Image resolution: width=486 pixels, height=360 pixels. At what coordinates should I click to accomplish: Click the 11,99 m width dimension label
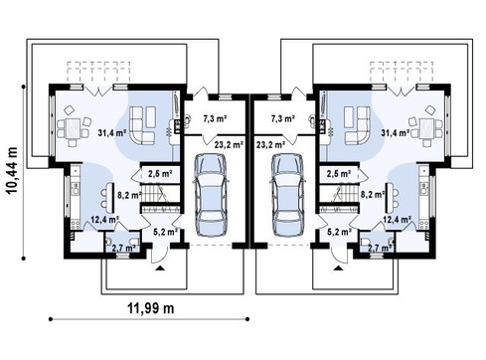(x=151, y=308)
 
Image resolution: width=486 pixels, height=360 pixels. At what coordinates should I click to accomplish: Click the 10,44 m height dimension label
(x=13, y=171)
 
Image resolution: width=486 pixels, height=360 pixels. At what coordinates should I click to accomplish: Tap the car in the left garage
(x=211, y=195)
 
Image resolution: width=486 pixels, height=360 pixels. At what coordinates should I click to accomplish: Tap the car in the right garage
(x=288, y=195)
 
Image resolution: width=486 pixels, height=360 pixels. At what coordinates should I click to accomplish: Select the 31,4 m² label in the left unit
(x=112, y=133)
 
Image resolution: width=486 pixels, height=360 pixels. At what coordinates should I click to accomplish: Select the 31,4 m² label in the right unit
(x=395, y=133)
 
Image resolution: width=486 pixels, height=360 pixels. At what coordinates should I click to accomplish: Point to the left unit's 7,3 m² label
(x=215, y=118)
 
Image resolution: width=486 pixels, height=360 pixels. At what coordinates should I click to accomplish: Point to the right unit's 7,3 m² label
(x=283, y=118)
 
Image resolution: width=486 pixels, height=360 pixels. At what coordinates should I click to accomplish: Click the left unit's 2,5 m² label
(x=160, y=174)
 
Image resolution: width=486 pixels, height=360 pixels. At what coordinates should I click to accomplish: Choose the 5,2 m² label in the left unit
(x=166, y=232)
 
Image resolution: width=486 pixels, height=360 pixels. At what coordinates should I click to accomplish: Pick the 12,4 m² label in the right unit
(x=398, y=219)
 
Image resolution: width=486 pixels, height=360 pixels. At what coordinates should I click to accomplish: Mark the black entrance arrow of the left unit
(x=160, y=269)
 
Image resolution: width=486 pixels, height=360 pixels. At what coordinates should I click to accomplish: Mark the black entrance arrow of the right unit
(x=339, y=269)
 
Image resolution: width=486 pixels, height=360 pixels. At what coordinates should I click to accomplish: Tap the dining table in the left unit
(x=73, y=128)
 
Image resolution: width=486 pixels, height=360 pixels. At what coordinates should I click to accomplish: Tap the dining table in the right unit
(x=426, y=128)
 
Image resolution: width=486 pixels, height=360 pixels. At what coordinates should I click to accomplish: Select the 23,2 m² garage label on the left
(x=230, y=144)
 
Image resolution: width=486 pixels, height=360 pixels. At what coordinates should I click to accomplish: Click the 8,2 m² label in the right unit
(x=373, y=195)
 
